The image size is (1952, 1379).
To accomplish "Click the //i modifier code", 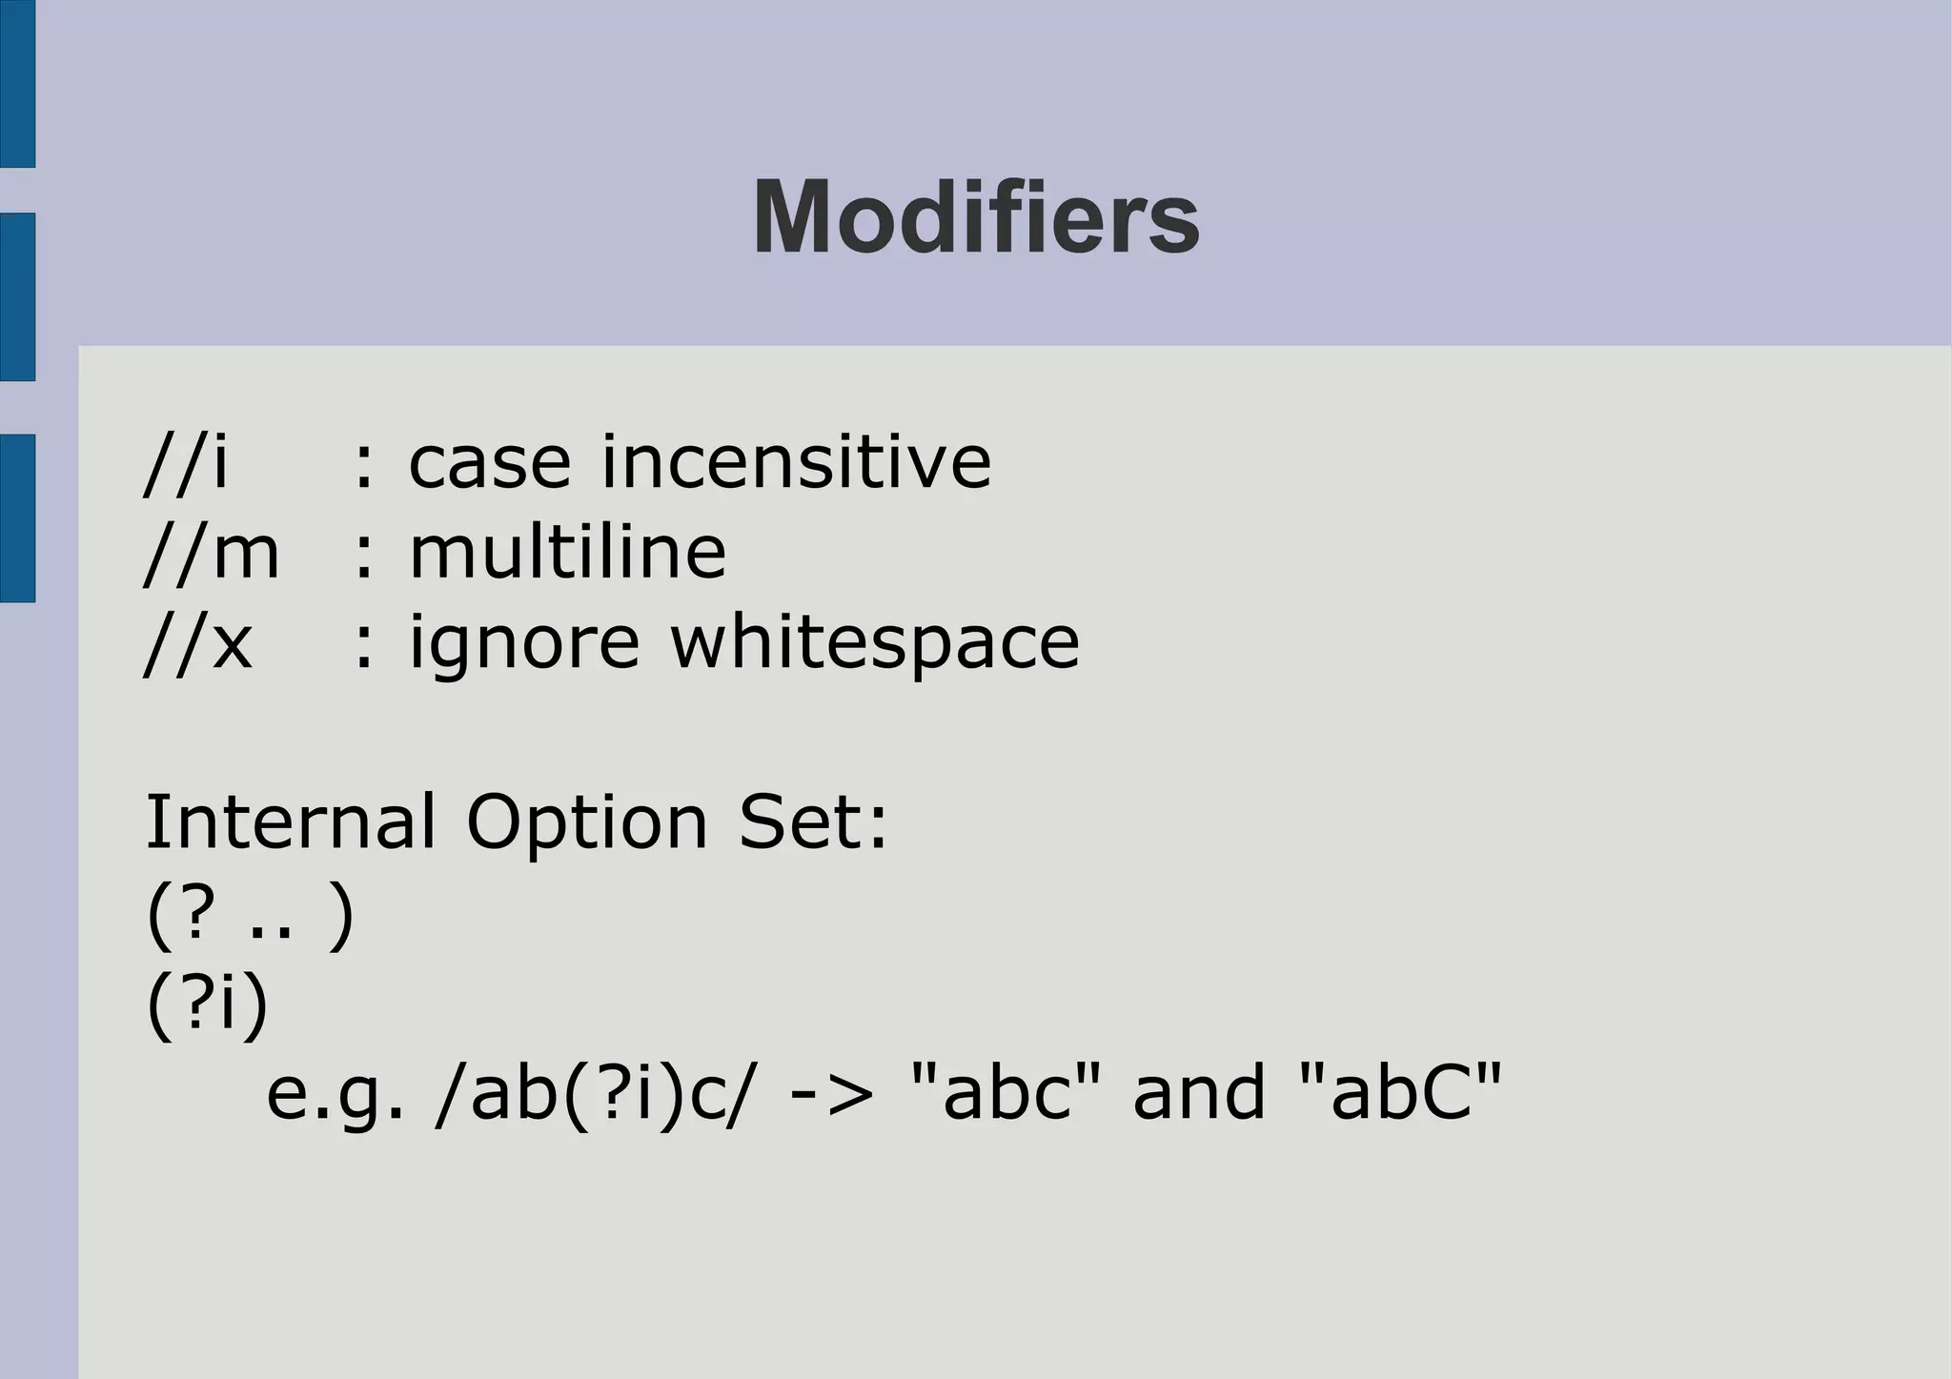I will pos(187,462).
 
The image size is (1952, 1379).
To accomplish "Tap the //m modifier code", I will pos(212,553).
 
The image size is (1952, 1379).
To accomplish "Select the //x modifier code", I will pos(198,642).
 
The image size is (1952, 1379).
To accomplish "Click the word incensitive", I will pos(796,462).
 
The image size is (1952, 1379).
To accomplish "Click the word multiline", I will pos(567,553).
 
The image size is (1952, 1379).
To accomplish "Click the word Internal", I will pos(290,821).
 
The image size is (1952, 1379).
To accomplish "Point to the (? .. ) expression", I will pos(250,914).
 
